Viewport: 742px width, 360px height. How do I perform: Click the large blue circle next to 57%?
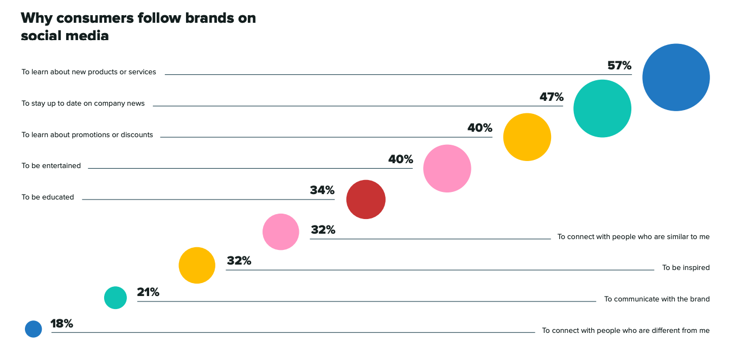click(676, 78)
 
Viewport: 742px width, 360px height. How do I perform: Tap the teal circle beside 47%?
click(602, 108)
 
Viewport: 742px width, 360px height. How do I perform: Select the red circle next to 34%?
click(366, 200)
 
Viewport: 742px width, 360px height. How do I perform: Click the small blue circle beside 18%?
click(33, 329)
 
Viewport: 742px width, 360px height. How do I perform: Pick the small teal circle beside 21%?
click(115, 298)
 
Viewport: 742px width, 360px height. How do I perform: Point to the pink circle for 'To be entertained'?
click(447, 169)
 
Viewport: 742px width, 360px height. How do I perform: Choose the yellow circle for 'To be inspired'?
click(197, 265)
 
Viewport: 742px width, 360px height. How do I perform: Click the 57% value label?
click(619, 66)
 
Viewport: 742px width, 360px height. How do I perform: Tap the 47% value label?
click(551, 97)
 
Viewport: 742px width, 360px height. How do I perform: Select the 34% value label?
click(322, 190)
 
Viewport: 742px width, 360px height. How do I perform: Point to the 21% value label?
click(148, 292)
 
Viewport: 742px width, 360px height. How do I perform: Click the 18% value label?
click(62, 324)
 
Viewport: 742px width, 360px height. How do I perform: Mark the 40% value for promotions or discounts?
click(479, 128)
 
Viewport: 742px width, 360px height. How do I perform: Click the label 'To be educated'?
click(48, 197)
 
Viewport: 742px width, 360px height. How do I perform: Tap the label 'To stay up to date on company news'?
click(83, 104)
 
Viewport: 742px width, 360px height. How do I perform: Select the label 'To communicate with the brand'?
click(657, 299)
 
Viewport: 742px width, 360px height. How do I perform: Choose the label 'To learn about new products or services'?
click(89, 72)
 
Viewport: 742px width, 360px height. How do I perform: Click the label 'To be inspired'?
click(686, 268)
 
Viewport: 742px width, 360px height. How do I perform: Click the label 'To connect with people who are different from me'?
click(625, 330)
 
